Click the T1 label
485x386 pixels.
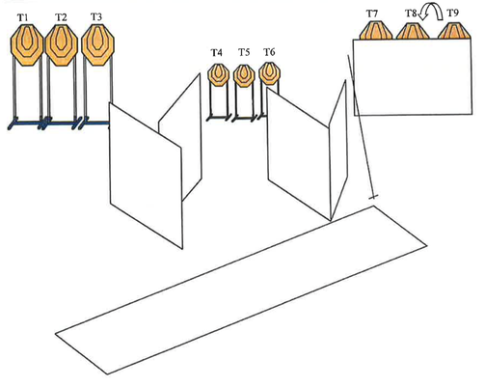(22, 18)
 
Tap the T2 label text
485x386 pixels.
(61, 17)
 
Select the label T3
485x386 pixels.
(96, 17)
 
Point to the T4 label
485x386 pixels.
(217, 52)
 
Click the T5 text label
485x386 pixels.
(244, 52)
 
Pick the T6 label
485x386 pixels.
(269, 52)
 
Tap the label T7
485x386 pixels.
(372, 14)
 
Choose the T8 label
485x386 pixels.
(411, 14)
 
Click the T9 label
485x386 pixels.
(453, 14)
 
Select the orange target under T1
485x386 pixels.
(27, 44)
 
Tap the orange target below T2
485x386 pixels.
(62, 44)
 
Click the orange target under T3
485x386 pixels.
(97, 44)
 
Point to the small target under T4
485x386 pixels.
(219, 75)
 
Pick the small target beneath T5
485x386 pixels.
(244, 75)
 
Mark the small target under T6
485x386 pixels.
(269, 73)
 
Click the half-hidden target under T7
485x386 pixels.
(375, 31)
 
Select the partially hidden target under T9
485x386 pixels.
(454, 31)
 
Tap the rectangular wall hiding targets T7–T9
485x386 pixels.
(413, 77)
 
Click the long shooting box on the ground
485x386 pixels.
(241, 290)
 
